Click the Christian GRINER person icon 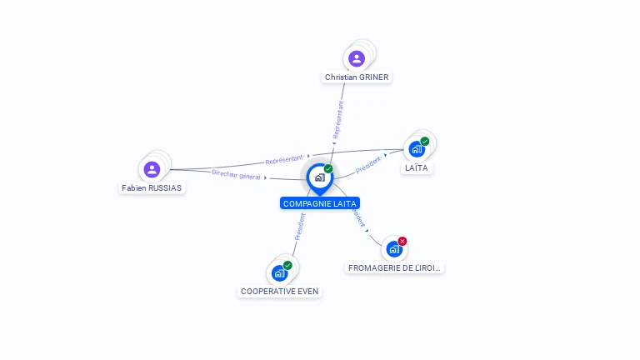click(357, 58)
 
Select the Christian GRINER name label click(357, 77)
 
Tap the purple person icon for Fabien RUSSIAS click(152, 170)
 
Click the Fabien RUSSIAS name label click(152, 187)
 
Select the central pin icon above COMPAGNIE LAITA click(319, 177)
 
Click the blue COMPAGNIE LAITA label click(320, 203)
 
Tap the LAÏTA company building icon click(417, 149)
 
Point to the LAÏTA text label click(417, 167)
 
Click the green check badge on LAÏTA click(425, 141)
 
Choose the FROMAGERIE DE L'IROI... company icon click(394, 248)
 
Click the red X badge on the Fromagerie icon click(402, 241)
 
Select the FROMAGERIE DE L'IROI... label click(395, 267)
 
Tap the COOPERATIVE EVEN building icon click(279, 272)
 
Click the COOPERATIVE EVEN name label click(279, 292)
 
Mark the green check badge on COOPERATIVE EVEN click(287, 265)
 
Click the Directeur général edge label click(237, 174)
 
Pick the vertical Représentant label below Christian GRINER click(337, 119)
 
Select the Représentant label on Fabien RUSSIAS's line click(284, 159)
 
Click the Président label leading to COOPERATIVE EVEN click(300, 226)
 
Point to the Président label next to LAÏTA click(368, 165)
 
